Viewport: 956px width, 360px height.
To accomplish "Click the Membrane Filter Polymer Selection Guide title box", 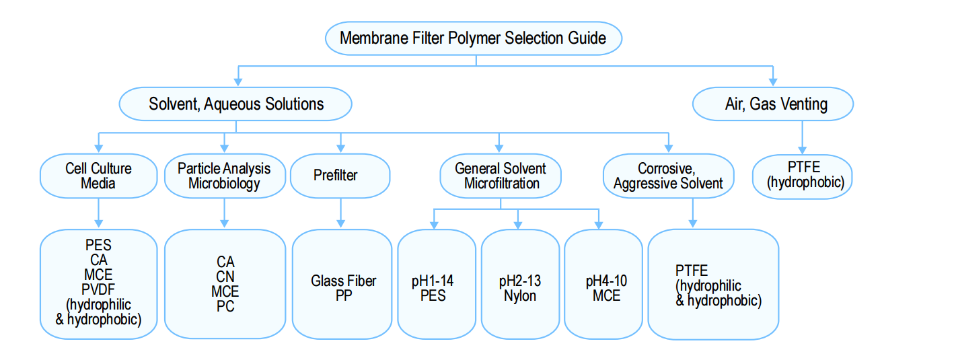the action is click(474, 38).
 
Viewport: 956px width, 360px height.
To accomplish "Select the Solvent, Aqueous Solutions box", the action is click(235, 104).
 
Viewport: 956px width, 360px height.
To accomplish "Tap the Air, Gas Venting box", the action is click(773, 104).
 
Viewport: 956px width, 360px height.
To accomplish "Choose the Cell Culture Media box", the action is click(99, 176).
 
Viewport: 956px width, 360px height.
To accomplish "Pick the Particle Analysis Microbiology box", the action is click(225, 176).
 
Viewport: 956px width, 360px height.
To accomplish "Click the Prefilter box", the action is click(340, 176).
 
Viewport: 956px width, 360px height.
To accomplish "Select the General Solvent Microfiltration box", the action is click(501, 176).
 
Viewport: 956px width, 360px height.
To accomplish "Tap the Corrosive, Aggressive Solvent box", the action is click(668, 176).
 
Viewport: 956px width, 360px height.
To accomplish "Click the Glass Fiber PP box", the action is click(342, 285).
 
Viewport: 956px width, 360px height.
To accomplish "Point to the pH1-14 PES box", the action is click(437, 285).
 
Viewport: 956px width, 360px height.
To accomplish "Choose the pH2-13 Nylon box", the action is click(520, 285).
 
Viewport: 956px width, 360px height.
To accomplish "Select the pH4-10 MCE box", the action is click(603, 285).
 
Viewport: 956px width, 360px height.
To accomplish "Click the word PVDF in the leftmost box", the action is click(98, 289).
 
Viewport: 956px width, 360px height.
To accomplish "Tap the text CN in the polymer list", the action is click(225, 277).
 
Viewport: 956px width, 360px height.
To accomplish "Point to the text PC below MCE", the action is click(225, 306).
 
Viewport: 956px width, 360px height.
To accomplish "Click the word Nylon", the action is click(520, 295).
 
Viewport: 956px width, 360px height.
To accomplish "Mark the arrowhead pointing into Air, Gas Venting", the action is click(773, 82).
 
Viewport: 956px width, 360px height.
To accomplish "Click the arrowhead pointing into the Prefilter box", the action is click(340, 148).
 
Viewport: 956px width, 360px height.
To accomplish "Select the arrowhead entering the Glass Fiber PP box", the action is click(340, 223).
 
